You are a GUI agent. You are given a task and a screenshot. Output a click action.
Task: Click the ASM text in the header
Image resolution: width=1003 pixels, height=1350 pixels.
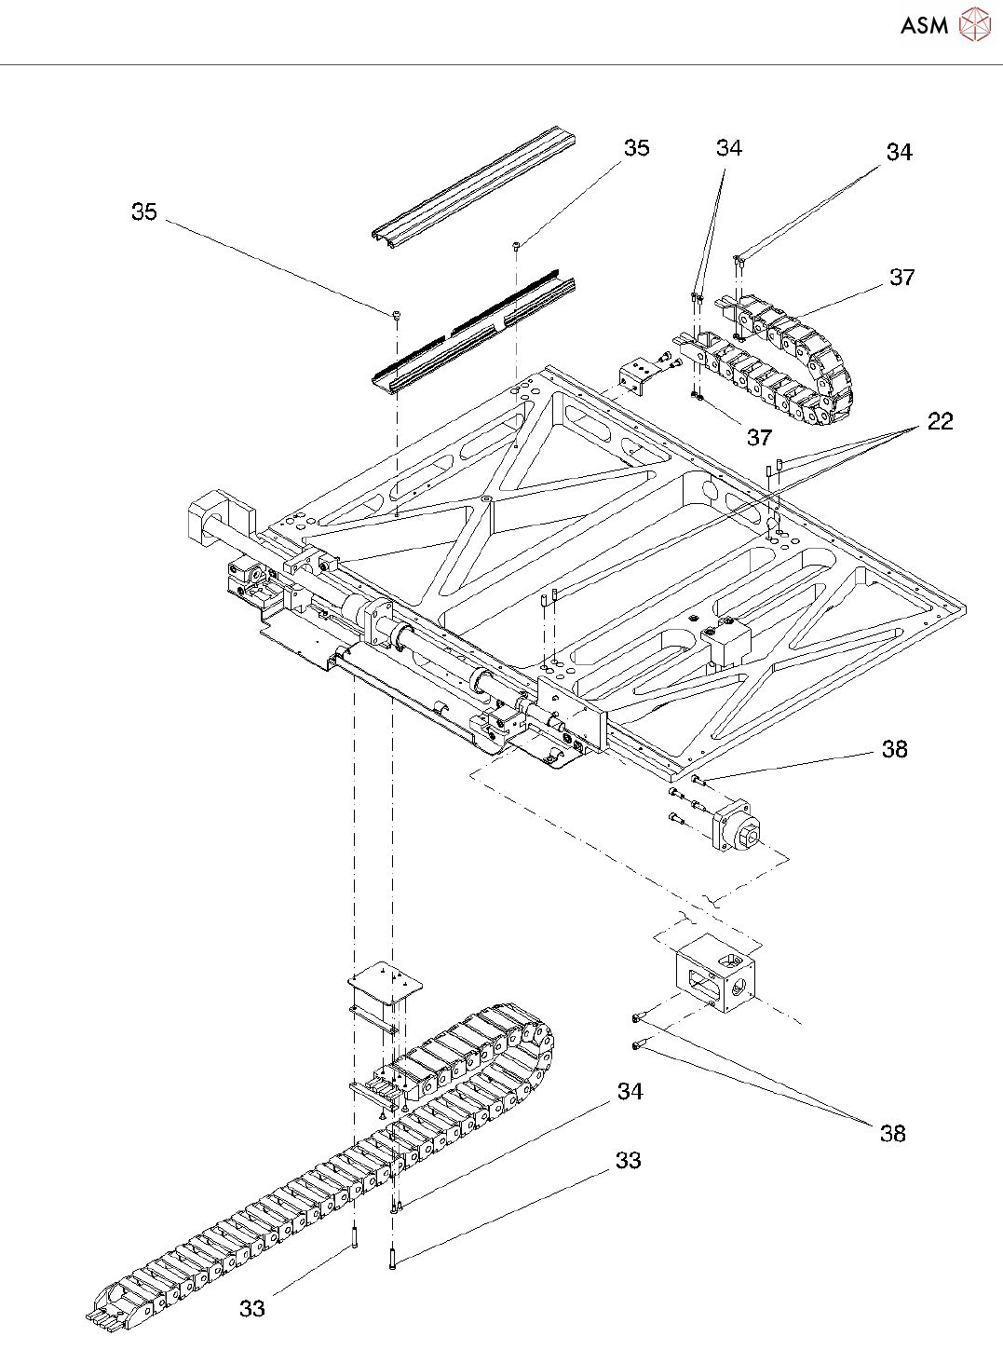924,26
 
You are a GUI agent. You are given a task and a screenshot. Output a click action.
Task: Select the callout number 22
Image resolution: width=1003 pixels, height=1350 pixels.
940,421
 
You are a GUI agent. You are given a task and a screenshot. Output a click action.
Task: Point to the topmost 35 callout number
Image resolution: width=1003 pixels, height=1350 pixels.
637,148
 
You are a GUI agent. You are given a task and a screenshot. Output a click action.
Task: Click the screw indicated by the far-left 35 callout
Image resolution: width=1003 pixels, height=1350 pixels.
397,315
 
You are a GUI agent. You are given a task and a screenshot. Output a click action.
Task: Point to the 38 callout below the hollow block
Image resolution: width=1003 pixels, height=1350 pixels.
893,1133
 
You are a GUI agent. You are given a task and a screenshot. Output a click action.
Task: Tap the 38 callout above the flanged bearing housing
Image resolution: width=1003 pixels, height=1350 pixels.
895,749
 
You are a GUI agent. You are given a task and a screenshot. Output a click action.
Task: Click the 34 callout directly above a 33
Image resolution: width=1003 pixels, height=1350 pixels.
630,1091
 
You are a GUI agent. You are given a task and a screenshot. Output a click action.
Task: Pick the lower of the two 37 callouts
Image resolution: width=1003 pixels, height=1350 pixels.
759,437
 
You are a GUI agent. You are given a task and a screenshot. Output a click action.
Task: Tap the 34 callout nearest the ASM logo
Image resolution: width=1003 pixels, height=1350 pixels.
899,152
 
